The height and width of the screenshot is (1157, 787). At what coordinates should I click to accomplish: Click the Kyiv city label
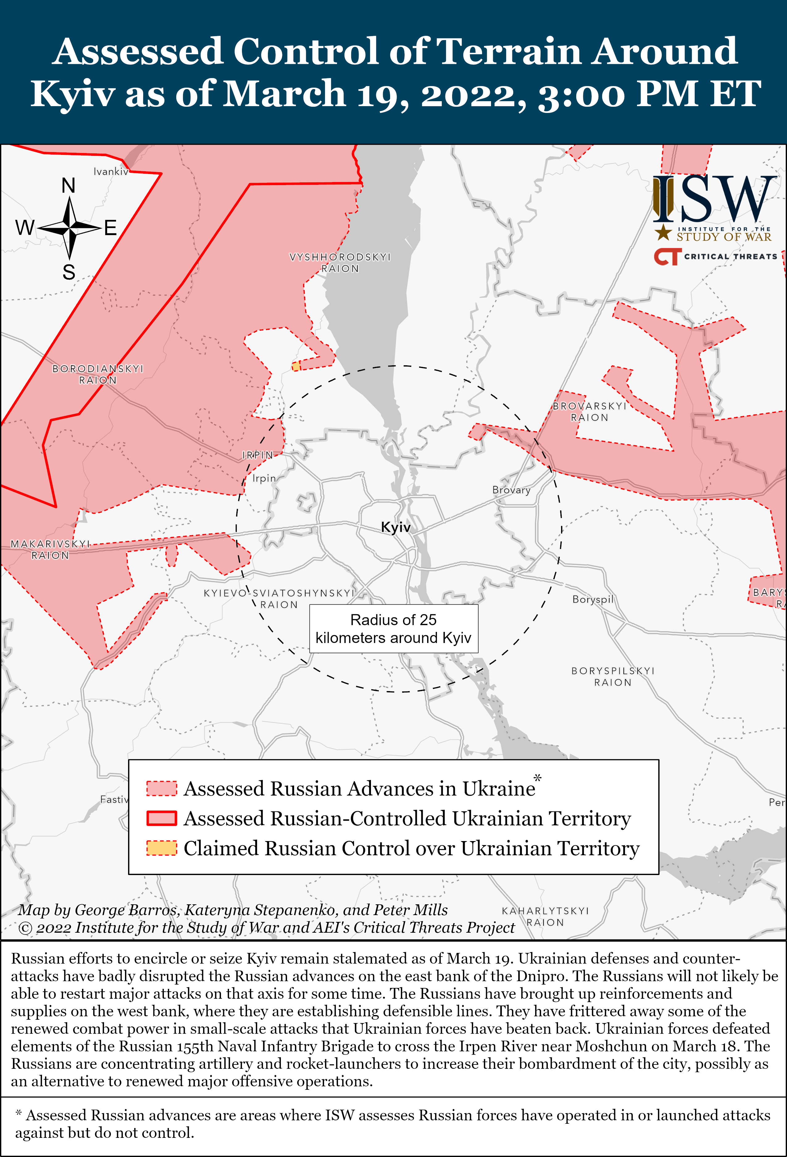coord(395,527)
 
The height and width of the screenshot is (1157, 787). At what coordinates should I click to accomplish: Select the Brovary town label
coord(511,490)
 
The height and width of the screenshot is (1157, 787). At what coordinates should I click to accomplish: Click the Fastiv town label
coord(114,799)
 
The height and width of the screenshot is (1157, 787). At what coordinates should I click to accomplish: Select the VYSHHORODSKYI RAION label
coord(340,262)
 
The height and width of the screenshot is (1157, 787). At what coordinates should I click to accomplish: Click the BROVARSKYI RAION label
coord(589,412)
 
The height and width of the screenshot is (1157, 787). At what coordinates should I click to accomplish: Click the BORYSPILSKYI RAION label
coord(613,677)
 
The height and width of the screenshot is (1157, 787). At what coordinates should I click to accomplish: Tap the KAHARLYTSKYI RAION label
coord(545,917)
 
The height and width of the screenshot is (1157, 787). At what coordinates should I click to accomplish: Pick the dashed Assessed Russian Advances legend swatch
coord(161,789)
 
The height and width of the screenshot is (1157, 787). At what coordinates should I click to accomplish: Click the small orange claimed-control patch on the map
coord(296,367)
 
